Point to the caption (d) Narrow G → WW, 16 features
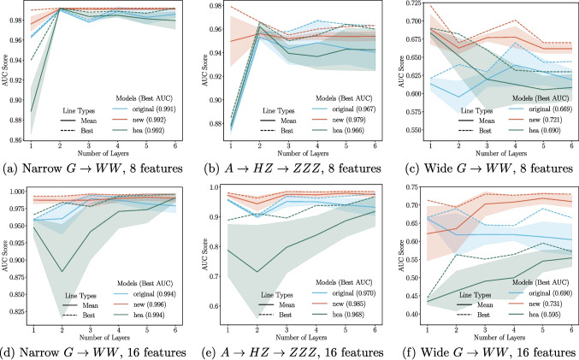97,351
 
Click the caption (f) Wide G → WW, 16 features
484,351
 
